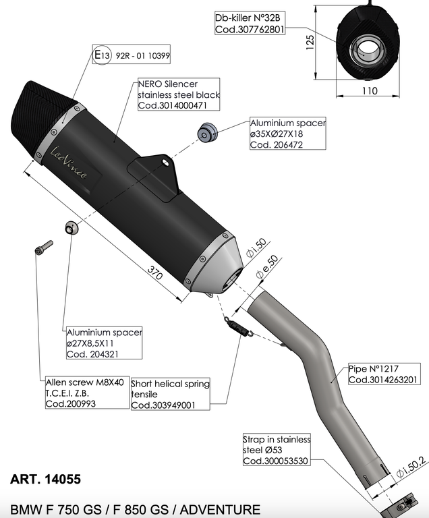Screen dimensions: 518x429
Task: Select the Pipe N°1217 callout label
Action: [382, 374]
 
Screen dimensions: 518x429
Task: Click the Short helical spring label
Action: [170, 394]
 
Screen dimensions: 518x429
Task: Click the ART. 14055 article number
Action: [46, 480]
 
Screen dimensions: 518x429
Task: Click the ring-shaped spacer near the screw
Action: [70, 228]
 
